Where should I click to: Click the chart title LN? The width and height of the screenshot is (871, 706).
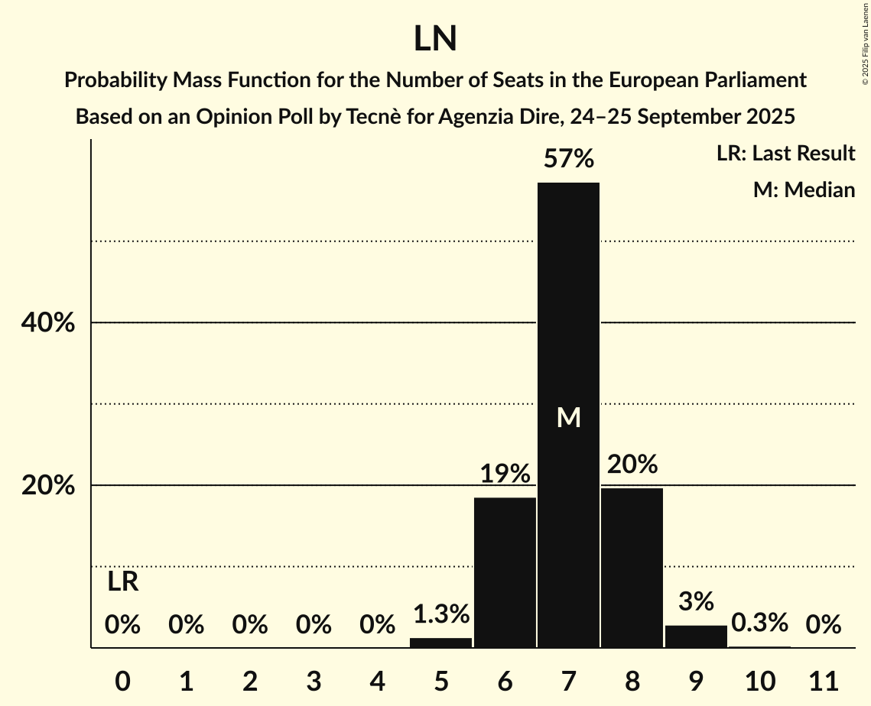(x=435, y=39)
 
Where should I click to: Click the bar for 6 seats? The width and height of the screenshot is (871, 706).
(x=505, y=573)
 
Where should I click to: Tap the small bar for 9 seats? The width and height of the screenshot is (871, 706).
(x=696, y=636)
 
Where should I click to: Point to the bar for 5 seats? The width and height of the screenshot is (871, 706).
(x=441, y=643)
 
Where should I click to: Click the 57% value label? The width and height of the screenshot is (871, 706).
(x=568, y=159)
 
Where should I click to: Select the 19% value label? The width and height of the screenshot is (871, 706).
(x=505, y=474)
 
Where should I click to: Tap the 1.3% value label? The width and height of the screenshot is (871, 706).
(x=441, y=614)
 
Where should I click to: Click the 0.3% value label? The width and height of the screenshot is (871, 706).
(x=759, y=623)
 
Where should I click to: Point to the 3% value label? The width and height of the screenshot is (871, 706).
(x=696, y=601)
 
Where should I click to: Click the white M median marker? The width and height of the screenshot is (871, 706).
(x=568, y=418)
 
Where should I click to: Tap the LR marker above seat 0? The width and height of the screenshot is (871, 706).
(x=122, y=582)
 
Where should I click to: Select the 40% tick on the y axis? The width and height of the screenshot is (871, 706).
(x=47, y=323)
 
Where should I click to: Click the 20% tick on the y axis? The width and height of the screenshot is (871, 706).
(x=47, y=486)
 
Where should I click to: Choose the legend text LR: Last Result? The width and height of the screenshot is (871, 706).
(x=785, y=154)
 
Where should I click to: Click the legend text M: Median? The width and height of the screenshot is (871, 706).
(x=804, y=189)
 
